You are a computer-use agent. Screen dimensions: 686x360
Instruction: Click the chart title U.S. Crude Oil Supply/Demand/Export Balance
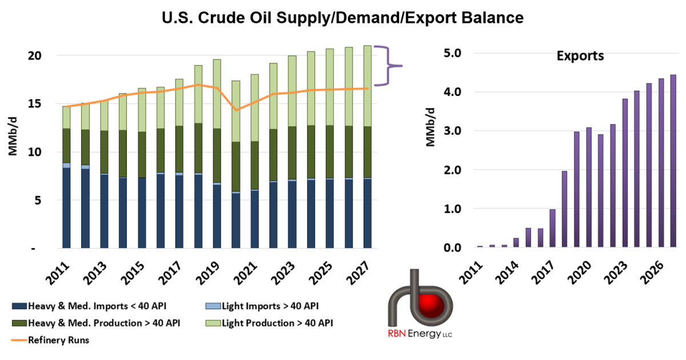[x=342, y=18]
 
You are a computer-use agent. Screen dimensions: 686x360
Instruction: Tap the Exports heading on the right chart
[x=580, y=56]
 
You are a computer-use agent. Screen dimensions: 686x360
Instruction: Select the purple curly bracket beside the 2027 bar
[x=388, y=66]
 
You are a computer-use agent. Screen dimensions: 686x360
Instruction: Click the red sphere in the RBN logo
[x=432, y=305]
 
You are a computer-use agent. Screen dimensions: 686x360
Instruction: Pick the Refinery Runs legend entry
[x=50, y=340]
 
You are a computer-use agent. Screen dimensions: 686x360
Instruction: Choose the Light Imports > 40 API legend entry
[x=262, y=306]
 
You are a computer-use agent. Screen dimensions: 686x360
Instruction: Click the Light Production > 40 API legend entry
[x=269, y=323]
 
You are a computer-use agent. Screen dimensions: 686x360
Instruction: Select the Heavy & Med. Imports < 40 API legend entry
[x=89, y=306]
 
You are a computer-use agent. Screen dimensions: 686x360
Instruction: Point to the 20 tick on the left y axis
[x=34, y=56]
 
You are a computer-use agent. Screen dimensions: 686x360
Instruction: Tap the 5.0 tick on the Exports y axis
[x=452, y=53]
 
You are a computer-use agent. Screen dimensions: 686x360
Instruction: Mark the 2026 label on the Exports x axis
[x=652, y=273]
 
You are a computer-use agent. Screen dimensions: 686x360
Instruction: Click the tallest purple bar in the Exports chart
[x=673, y=161]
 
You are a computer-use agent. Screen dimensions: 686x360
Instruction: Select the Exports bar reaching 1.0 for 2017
[x=552, y=228]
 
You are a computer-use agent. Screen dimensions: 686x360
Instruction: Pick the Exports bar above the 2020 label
[x=589, y=187]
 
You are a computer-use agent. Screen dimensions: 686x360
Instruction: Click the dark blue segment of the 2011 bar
[x=66, y=208]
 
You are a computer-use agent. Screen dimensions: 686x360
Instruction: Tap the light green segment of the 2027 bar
[x=368, y=86]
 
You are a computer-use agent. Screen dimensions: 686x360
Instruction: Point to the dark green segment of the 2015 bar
[x=142, y=155]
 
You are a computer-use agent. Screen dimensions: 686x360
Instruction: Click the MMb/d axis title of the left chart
[x=13, y=136]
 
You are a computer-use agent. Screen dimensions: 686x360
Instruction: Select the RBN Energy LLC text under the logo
[x=420, y=333]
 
